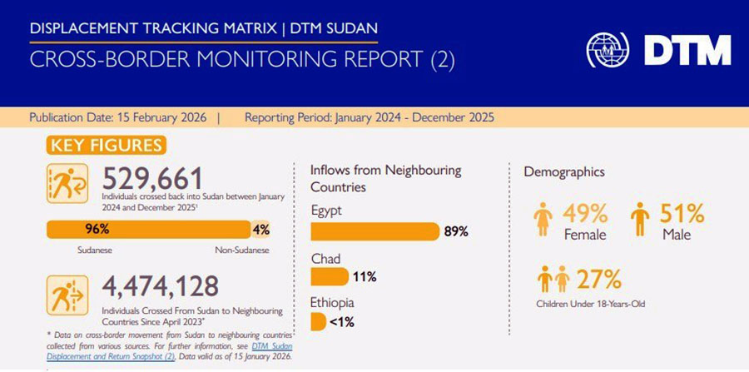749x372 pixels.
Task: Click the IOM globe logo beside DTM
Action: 608,50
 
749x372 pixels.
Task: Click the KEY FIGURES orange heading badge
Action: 107,146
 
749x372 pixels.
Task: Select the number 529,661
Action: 152,178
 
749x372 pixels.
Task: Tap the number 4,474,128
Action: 160,286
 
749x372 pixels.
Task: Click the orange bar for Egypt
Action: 374,231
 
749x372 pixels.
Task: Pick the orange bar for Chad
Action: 330,276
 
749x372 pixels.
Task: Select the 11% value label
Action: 365,276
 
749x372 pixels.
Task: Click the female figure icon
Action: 542,220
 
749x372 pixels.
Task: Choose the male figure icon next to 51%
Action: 639,220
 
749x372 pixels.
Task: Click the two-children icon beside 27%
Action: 553,279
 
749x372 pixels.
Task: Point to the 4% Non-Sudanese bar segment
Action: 260,230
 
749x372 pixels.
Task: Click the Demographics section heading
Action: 563,171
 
